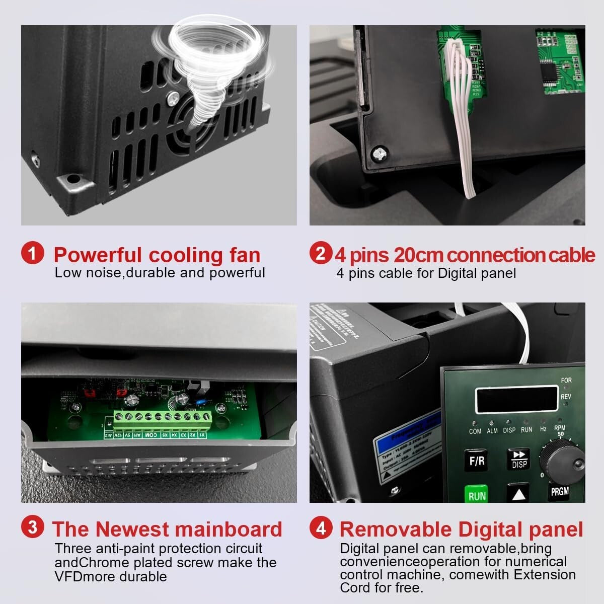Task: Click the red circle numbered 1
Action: [33, 253]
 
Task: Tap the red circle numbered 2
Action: [321, 253]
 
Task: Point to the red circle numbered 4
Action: [321, 528]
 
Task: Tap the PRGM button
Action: [559, 491]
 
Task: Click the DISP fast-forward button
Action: [518, 459]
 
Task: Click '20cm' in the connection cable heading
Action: [418, 255]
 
